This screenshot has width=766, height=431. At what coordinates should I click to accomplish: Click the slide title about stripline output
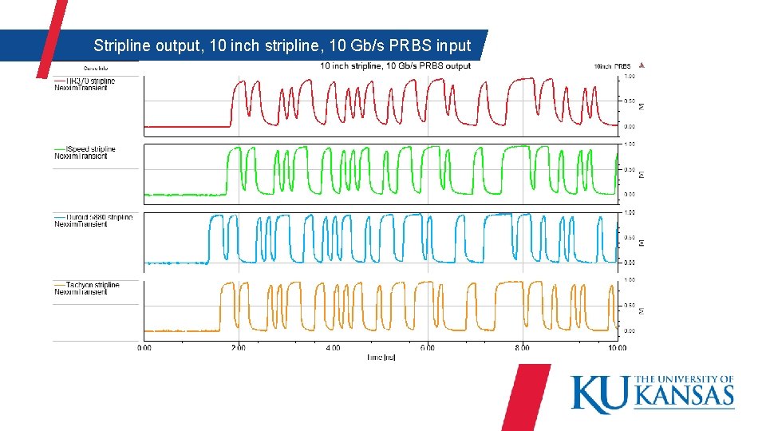tap(282, 45)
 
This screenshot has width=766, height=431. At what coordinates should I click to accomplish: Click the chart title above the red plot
tap(395, 65)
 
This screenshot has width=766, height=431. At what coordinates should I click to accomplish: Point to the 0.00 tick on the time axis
tap(144, 347)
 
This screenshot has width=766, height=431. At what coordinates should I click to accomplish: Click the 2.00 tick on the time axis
tap(239, 347)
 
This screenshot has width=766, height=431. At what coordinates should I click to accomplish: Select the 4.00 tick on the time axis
tap(333, 347)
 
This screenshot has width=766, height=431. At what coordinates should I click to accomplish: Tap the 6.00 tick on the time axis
tap(428, 347)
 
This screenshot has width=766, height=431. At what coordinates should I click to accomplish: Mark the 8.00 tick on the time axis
tap(522, 347)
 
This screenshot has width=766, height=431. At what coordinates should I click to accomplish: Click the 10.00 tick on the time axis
tap(616, 347)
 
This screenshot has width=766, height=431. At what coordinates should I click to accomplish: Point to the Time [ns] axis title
tap(381, 357)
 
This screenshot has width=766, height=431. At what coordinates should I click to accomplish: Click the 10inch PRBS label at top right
tap(612, 66)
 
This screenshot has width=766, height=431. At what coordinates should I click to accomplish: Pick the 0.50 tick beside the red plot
tap(630, 101)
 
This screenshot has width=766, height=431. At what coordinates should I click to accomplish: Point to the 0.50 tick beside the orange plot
tap(630, 305)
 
